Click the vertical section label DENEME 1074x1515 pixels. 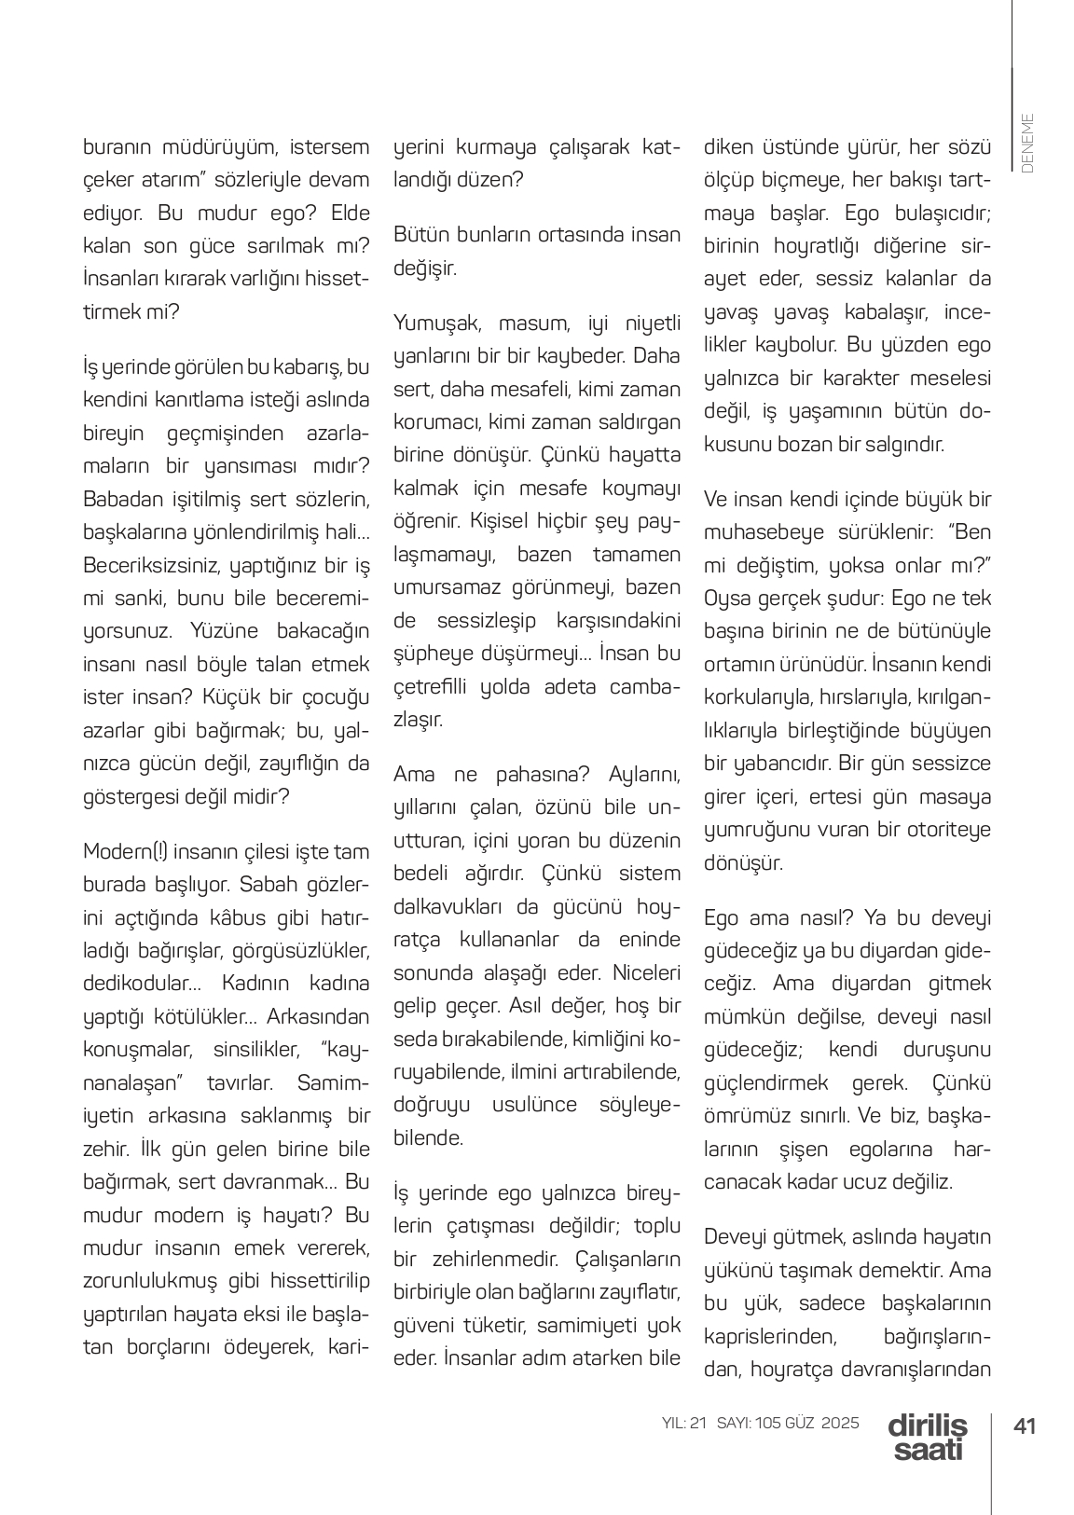[1027, 144]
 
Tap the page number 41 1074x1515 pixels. [1026, 1426]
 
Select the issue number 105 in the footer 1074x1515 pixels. [769, 1423]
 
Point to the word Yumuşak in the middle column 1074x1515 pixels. [434, 324]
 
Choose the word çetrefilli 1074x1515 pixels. [431, 688]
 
